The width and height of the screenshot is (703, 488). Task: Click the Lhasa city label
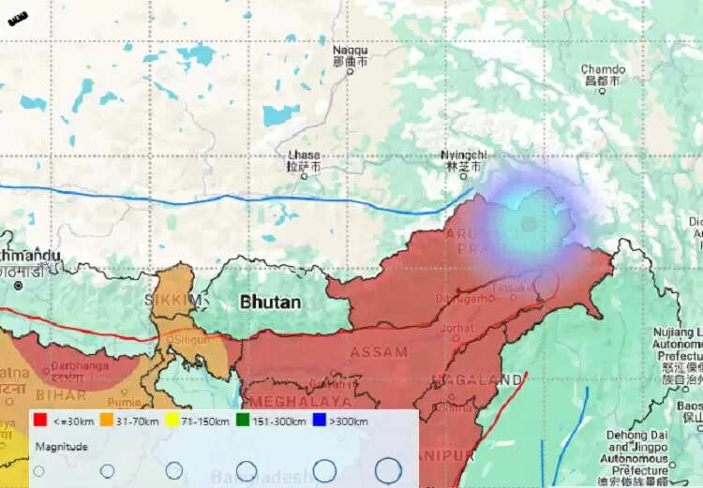pos(304,155)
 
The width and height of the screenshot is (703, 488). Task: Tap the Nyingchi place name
pos(464,155)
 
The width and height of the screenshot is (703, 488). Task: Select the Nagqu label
pos(351,50)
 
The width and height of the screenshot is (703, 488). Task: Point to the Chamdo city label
pos(603,69)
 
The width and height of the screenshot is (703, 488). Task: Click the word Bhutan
pos(271,303)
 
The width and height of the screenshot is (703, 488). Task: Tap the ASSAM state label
pos(379,352)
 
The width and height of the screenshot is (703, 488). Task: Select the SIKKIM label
pos(173,300)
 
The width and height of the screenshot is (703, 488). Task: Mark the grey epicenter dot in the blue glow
pos(529,224)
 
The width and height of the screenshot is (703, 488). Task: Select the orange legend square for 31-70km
pos(107,421)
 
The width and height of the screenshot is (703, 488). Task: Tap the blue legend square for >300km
pos(319,421)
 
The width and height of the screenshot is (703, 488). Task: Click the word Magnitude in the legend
pos(62,447)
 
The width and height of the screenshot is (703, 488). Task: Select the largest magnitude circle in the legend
pos(388,470)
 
